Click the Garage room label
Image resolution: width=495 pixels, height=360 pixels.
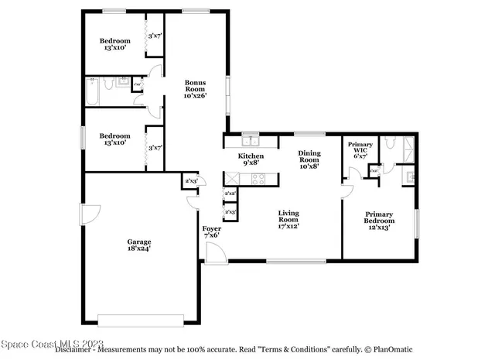coord(139,242)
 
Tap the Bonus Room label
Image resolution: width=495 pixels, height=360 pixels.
coord(194,84)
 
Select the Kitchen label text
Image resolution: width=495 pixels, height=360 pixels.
coord(251,156)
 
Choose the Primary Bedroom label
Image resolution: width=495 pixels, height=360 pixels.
coord(379,218)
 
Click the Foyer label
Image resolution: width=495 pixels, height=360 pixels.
coord(211,229)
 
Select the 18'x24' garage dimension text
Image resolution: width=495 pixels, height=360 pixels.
coord(139,249)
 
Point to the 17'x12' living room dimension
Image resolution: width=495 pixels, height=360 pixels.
coord(289,226)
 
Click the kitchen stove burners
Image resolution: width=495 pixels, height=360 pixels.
coord(258,179)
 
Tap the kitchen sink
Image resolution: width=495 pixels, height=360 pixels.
coord(250,141)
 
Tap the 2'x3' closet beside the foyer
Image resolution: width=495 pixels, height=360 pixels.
coord(190,181)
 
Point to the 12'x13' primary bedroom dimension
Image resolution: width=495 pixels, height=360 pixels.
coord(379,227)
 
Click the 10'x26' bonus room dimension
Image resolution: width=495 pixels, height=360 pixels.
coord(194,96)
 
